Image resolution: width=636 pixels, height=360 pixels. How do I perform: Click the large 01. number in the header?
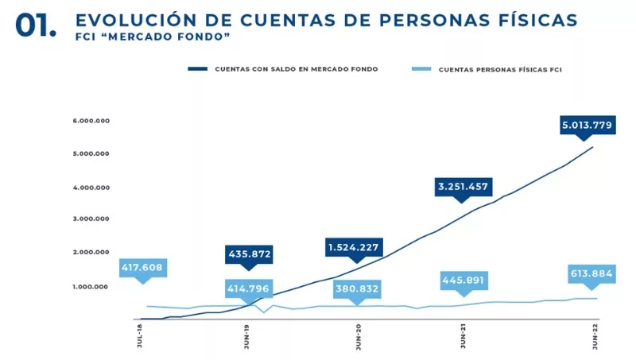[x=36, y=25]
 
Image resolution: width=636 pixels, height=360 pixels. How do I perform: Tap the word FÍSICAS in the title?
[x=533, y=19]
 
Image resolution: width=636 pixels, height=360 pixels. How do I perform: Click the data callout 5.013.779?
[x=588, y=124]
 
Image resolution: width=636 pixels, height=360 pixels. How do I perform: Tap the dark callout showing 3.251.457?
[x=465, y=188]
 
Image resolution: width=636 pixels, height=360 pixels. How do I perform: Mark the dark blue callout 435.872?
[x=249, y=254]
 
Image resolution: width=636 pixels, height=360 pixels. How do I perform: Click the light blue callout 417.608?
[x=142, y=268]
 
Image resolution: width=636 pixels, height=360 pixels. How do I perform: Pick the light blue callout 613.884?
[x=592, y=274]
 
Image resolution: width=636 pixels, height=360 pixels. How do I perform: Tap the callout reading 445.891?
[x=463, y=281]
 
